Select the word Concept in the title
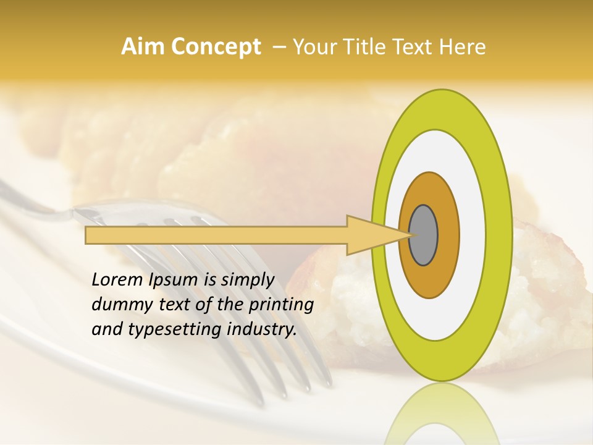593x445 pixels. [216, 47]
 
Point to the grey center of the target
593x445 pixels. [424, 235]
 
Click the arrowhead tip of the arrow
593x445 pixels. [411, 235]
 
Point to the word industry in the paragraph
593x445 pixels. [261, 329]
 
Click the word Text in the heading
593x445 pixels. [418, 47]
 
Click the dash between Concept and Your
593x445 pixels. [279, 47]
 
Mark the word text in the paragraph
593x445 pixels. [171, 305]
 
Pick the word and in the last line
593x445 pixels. [106, 329]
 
